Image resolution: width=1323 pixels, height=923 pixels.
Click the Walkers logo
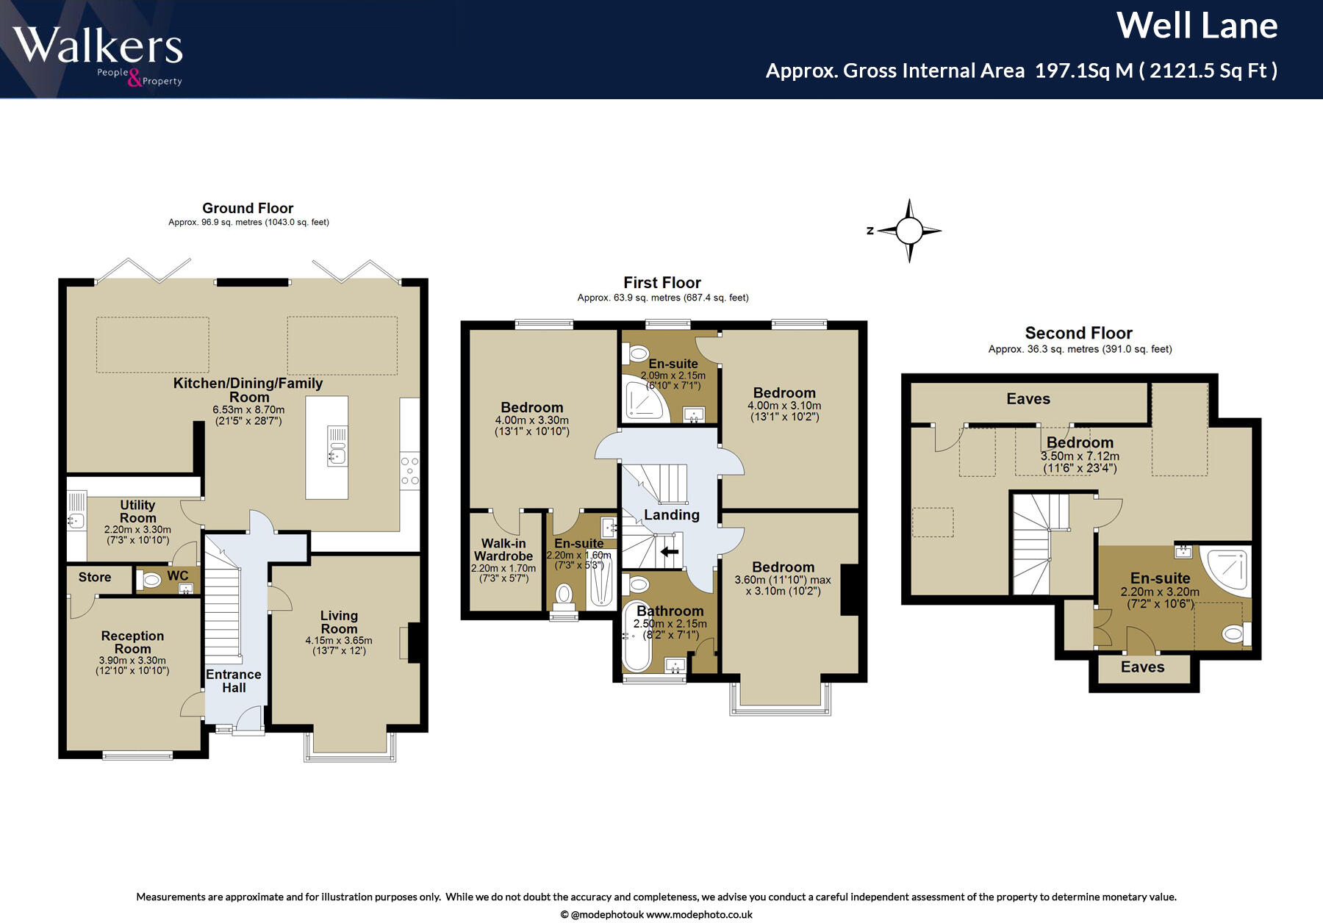point(98,55)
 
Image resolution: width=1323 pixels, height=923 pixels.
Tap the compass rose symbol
point(909,231)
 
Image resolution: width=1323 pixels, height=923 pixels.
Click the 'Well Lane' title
point(1197,26)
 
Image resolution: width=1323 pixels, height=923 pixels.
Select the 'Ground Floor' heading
point(248,208)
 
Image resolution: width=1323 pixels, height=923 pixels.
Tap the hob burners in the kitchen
point(409,471)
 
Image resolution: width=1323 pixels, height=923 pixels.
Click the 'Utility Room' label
point(137,511)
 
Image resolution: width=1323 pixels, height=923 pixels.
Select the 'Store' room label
point(95,578)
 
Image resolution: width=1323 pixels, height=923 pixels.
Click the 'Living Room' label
point(339,622)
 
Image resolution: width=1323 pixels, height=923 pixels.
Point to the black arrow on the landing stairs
point(669,552)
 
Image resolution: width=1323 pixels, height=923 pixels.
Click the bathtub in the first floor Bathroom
point(637,637)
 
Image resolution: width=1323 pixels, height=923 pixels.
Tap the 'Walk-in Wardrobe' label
point(503,550)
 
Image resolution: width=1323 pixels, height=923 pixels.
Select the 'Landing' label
point(672,515)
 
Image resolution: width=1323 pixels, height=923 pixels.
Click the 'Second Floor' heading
point(1078,333)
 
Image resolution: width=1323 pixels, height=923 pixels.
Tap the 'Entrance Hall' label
point(234,681)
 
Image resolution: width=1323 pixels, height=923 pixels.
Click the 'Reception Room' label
point(132,642)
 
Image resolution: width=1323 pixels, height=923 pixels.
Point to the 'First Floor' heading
point(662,283)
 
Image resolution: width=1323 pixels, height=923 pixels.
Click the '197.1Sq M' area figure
point(1084,71)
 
